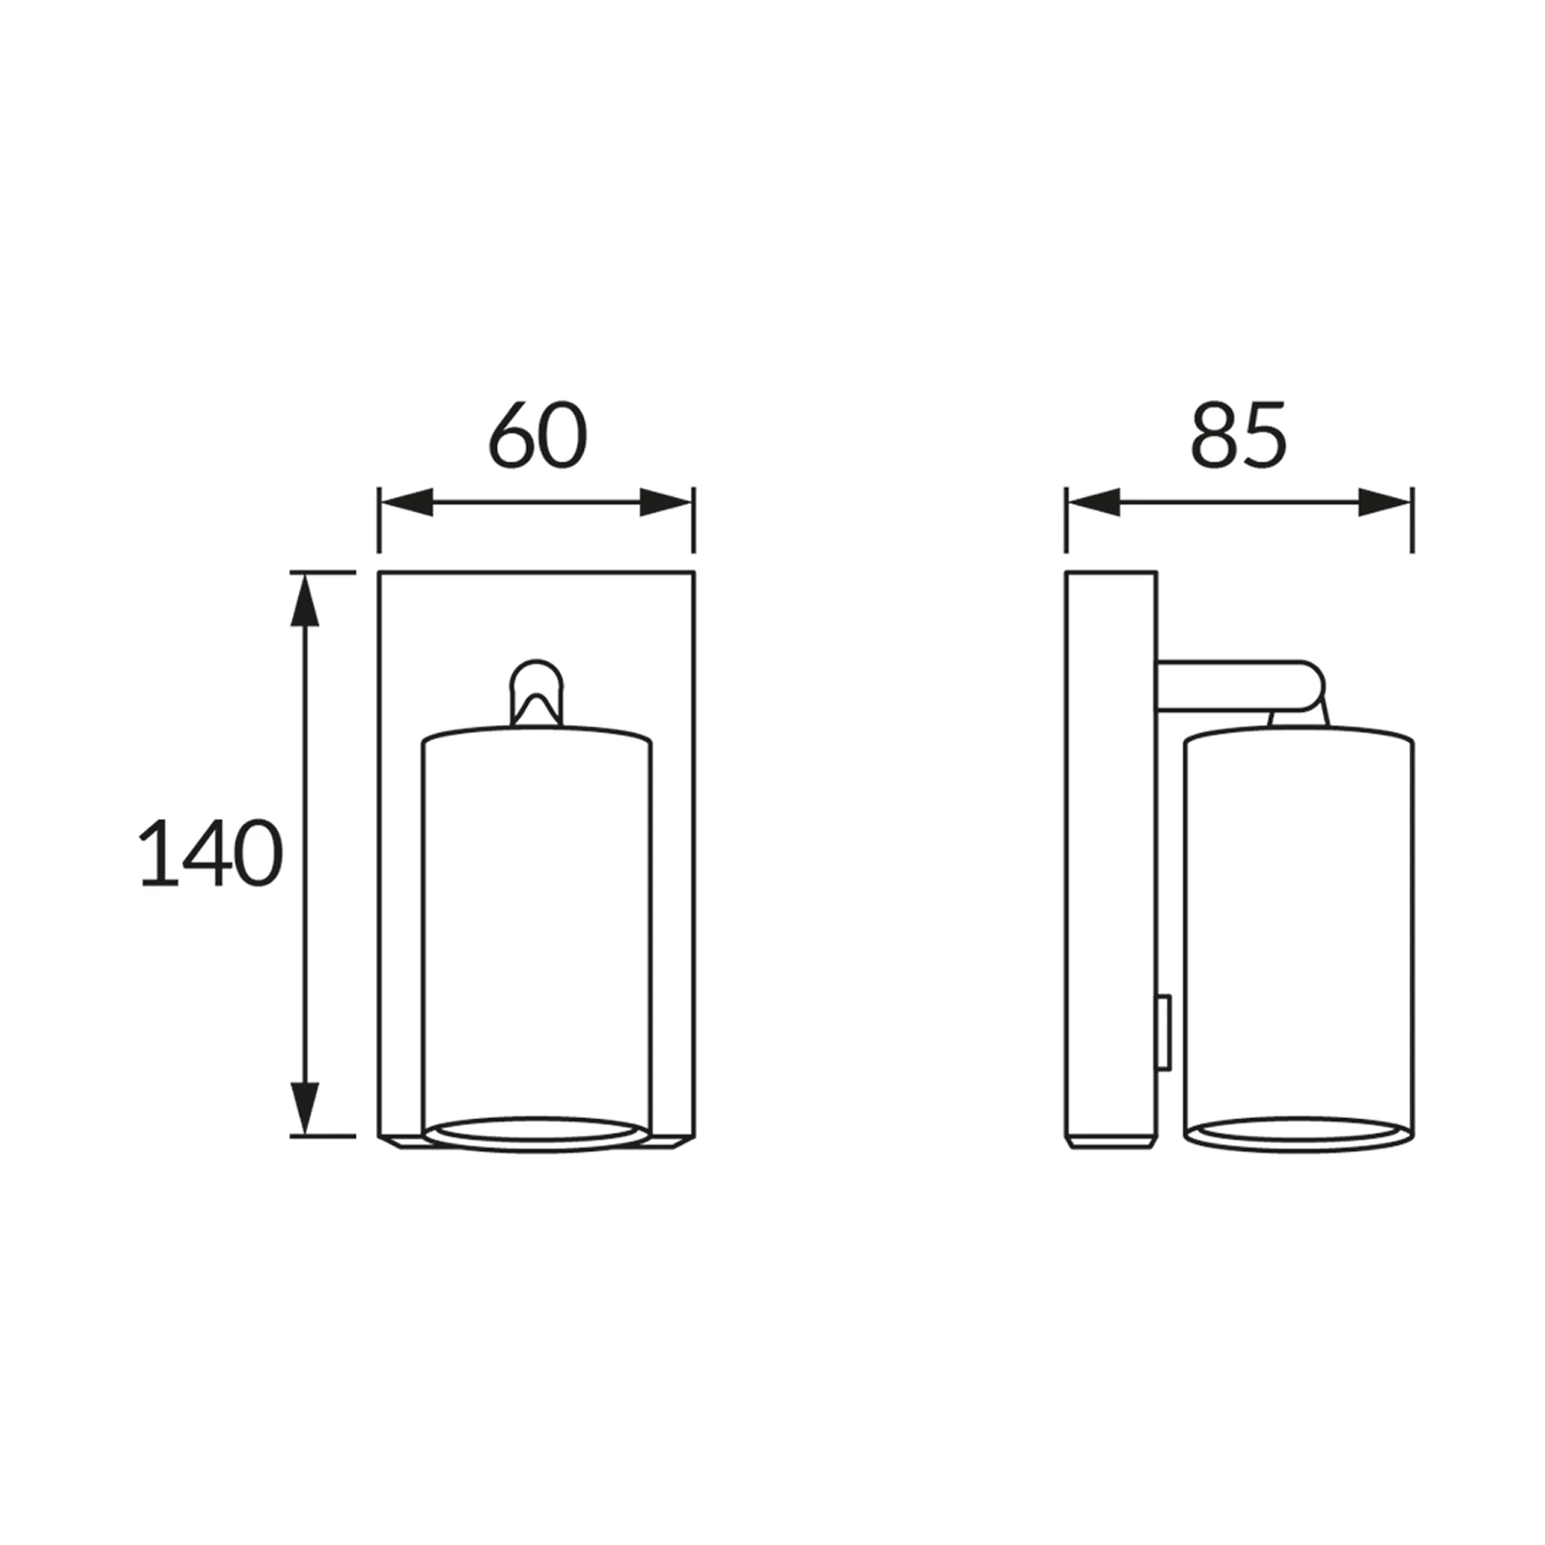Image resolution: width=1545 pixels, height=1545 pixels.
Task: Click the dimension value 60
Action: (538, 435)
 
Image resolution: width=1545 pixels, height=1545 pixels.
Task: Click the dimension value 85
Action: (1239, 435)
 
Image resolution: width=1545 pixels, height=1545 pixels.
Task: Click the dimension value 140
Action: (210, 852)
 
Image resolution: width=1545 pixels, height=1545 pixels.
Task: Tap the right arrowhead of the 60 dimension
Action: (666, 503)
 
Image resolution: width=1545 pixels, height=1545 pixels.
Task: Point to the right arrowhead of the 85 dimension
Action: (1384, 503)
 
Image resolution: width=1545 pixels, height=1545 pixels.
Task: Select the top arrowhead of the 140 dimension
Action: (305, 599)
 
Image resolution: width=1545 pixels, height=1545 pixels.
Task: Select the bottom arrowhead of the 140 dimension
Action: (305, 1108)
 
